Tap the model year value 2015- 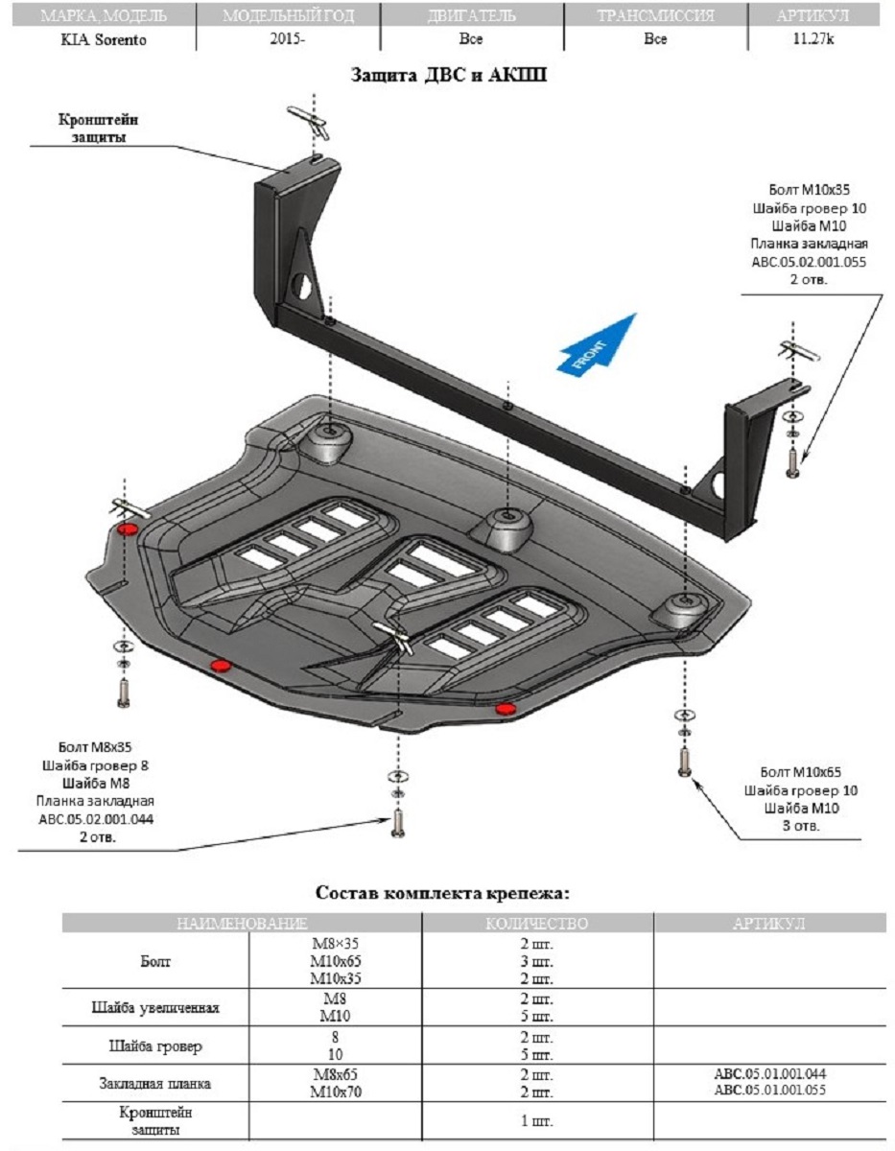pyautogui.click(x=289, y=40)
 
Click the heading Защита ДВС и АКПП pyautogui.click(x=449, y=76)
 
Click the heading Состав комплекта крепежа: pyautogui.click(x=443, y=893)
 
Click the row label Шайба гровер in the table pyautogui.click(x=155, y=1045)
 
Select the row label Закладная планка pyautogui.click(x=155, y=1083)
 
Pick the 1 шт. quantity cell pyautogui.click(x=536, y=1120)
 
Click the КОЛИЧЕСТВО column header pyautogui.click(x=536, y=924)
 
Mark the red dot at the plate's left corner pyautogui.click(x=127, y=529)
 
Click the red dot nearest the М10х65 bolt pyautogui.click(x=505, y=708)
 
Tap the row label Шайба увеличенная pyautogui.click(x=155, y=1008)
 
